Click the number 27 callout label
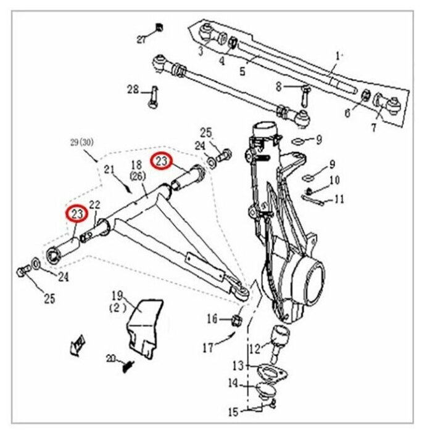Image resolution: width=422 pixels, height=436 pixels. (141, 40)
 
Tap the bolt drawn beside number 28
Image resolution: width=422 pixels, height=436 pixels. (154, 97)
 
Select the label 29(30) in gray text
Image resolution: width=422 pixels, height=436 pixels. (82, 143)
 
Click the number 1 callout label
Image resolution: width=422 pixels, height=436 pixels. (337, 57)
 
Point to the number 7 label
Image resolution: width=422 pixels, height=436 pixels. (373, 127)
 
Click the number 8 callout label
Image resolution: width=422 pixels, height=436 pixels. (279, 87)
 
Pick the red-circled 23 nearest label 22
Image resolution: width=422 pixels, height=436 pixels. (77, 214)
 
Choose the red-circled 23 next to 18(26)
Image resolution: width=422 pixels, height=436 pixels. (161, 161)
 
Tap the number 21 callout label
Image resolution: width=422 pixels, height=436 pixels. (109, 169)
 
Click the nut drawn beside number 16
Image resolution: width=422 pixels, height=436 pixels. (237, 321)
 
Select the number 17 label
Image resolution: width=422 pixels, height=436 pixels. (208, 348)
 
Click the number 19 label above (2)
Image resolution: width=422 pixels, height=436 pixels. (117, 296)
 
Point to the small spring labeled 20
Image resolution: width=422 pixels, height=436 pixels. (128, 366)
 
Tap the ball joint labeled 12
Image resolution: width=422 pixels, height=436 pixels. (279, 344)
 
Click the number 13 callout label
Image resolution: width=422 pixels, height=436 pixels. (238, 366)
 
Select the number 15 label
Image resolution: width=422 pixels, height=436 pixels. (233, 412)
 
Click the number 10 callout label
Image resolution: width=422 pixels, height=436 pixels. (334, 180)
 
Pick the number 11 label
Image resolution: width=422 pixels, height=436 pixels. (339, 200)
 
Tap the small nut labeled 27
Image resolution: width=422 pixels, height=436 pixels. (159, 28)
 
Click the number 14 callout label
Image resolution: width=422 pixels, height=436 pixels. (233, 384)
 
